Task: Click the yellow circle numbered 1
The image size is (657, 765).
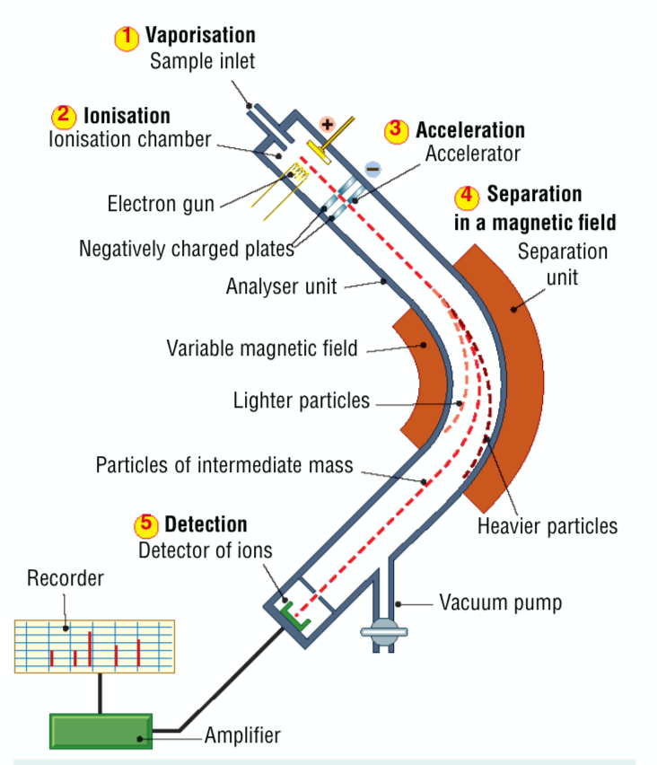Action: [127, 37]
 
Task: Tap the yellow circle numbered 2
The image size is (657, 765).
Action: [65, 116]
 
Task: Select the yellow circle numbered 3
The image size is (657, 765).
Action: [397, 130]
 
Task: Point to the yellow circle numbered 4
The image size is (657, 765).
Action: [468, 195]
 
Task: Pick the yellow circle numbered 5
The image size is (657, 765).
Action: [147, 524]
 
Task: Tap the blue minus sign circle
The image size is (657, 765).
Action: [373, 169]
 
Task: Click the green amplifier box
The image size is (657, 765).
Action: [101, 729]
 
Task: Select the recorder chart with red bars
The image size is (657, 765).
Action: [94, 646]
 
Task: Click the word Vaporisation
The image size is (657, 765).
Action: [200, 36]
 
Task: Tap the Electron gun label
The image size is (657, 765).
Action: [161, 204]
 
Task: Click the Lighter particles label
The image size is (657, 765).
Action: [301, 400]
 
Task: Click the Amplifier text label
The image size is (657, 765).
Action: [242, 735]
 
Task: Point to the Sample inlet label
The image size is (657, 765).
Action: [202, 62]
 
